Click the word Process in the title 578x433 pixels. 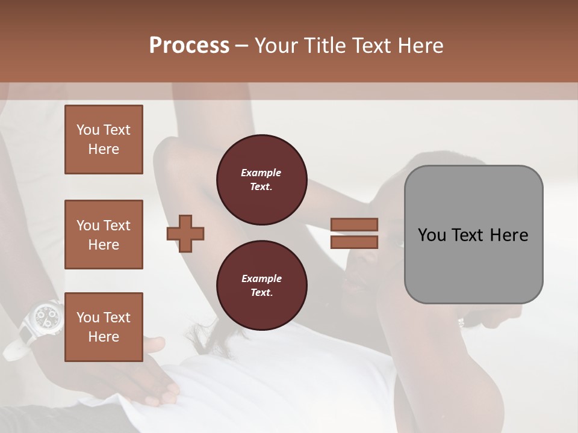(x=189, y=46)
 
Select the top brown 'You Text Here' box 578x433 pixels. (x=104, y=140)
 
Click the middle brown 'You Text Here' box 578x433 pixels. (x=104, y=235)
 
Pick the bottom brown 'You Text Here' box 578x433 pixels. (x=104, y=327)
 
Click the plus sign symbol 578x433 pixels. (x=185, y=233)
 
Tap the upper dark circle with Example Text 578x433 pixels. (x=261, y=180)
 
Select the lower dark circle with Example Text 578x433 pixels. (x=261, y=286)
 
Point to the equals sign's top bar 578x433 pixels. (x=355, y=225)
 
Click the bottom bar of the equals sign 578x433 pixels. (x=355, y=242)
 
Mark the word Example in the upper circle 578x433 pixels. (x=261, y=173)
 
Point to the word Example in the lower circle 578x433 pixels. (x=261, y=278)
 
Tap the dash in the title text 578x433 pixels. (x=242, y=46)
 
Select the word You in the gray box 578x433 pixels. (x=432, y=235)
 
